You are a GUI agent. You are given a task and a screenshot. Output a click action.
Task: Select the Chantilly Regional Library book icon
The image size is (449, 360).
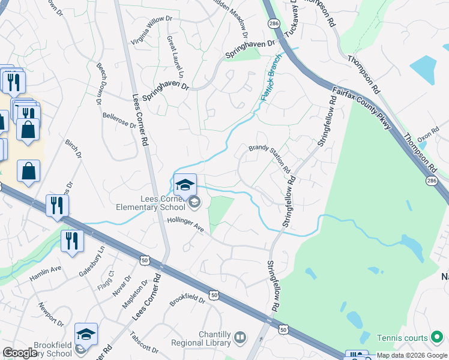coord(240,338)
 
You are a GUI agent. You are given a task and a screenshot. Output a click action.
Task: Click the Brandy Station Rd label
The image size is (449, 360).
coord(270,157)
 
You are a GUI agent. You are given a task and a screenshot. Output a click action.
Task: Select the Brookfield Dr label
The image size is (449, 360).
coord(187,299)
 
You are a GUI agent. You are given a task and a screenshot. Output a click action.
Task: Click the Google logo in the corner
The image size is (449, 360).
coord(20,353)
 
